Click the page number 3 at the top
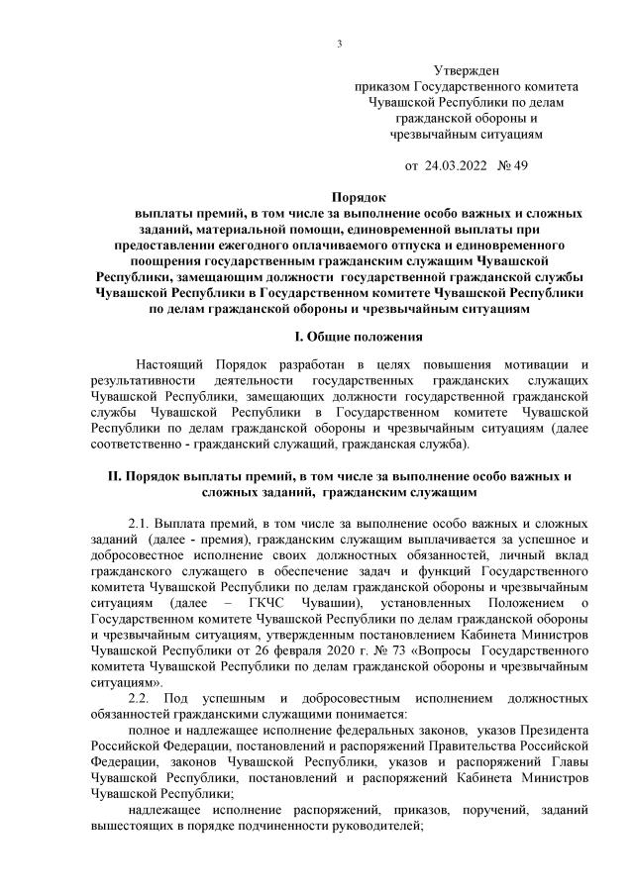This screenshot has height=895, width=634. click(x=340, y=43)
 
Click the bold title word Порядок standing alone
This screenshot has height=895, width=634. click(x=359, y=197)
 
